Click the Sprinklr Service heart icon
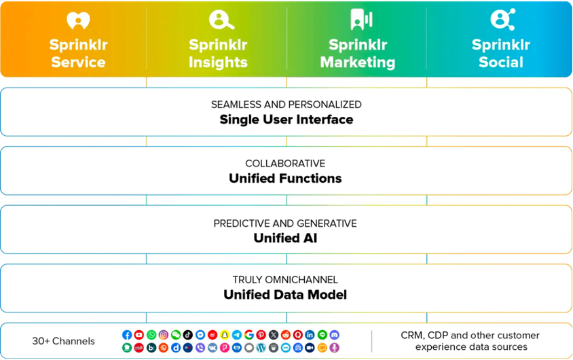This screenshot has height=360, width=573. coord(79,20)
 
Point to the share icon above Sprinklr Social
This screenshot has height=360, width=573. coord(502,20)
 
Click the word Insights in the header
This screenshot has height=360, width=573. coord(219,62)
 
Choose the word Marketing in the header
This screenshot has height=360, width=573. coord(358,62)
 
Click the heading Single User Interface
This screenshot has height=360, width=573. coord(286,120)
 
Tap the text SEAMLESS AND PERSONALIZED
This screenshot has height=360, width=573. coord(286,105)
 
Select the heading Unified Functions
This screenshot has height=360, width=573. coord(285,179)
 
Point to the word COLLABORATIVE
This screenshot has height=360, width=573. coord(285,164)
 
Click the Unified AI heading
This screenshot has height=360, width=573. coord(285,238)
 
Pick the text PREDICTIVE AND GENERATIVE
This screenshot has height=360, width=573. coord(285,223)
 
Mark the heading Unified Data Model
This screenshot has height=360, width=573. coord(285,295)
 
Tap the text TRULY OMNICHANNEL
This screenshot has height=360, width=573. coord(285,280)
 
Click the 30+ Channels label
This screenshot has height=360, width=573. coord(63,341)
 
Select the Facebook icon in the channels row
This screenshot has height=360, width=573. coord(127,335)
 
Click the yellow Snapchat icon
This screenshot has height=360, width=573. coord(225,335)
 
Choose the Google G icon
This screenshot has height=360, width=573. coord(249,335)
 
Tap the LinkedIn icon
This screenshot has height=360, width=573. coord(310,335)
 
